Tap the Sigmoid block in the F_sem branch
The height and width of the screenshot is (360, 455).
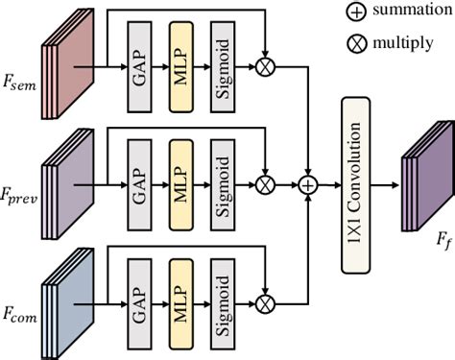225,69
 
